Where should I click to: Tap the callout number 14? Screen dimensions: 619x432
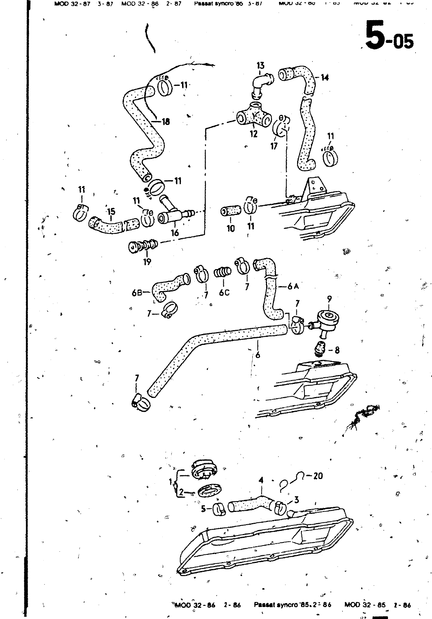(325, 78)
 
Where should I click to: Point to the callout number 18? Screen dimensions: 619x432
(166, 122)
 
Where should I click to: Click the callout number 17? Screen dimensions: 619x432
(274, 146)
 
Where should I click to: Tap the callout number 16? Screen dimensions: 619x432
(175, 232)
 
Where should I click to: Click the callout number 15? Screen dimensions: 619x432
(111, 211)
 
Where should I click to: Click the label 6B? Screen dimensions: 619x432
(137, 293)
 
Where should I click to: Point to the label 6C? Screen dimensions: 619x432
(224, 293)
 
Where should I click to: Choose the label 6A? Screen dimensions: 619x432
(294, 286)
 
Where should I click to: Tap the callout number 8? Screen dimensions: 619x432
(337, 350)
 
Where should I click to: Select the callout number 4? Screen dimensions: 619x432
(261, 480)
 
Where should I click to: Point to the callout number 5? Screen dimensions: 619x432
(204, 509)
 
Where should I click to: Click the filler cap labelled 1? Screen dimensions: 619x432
(202, 469)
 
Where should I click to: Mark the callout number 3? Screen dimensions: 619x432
(296, 500)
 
